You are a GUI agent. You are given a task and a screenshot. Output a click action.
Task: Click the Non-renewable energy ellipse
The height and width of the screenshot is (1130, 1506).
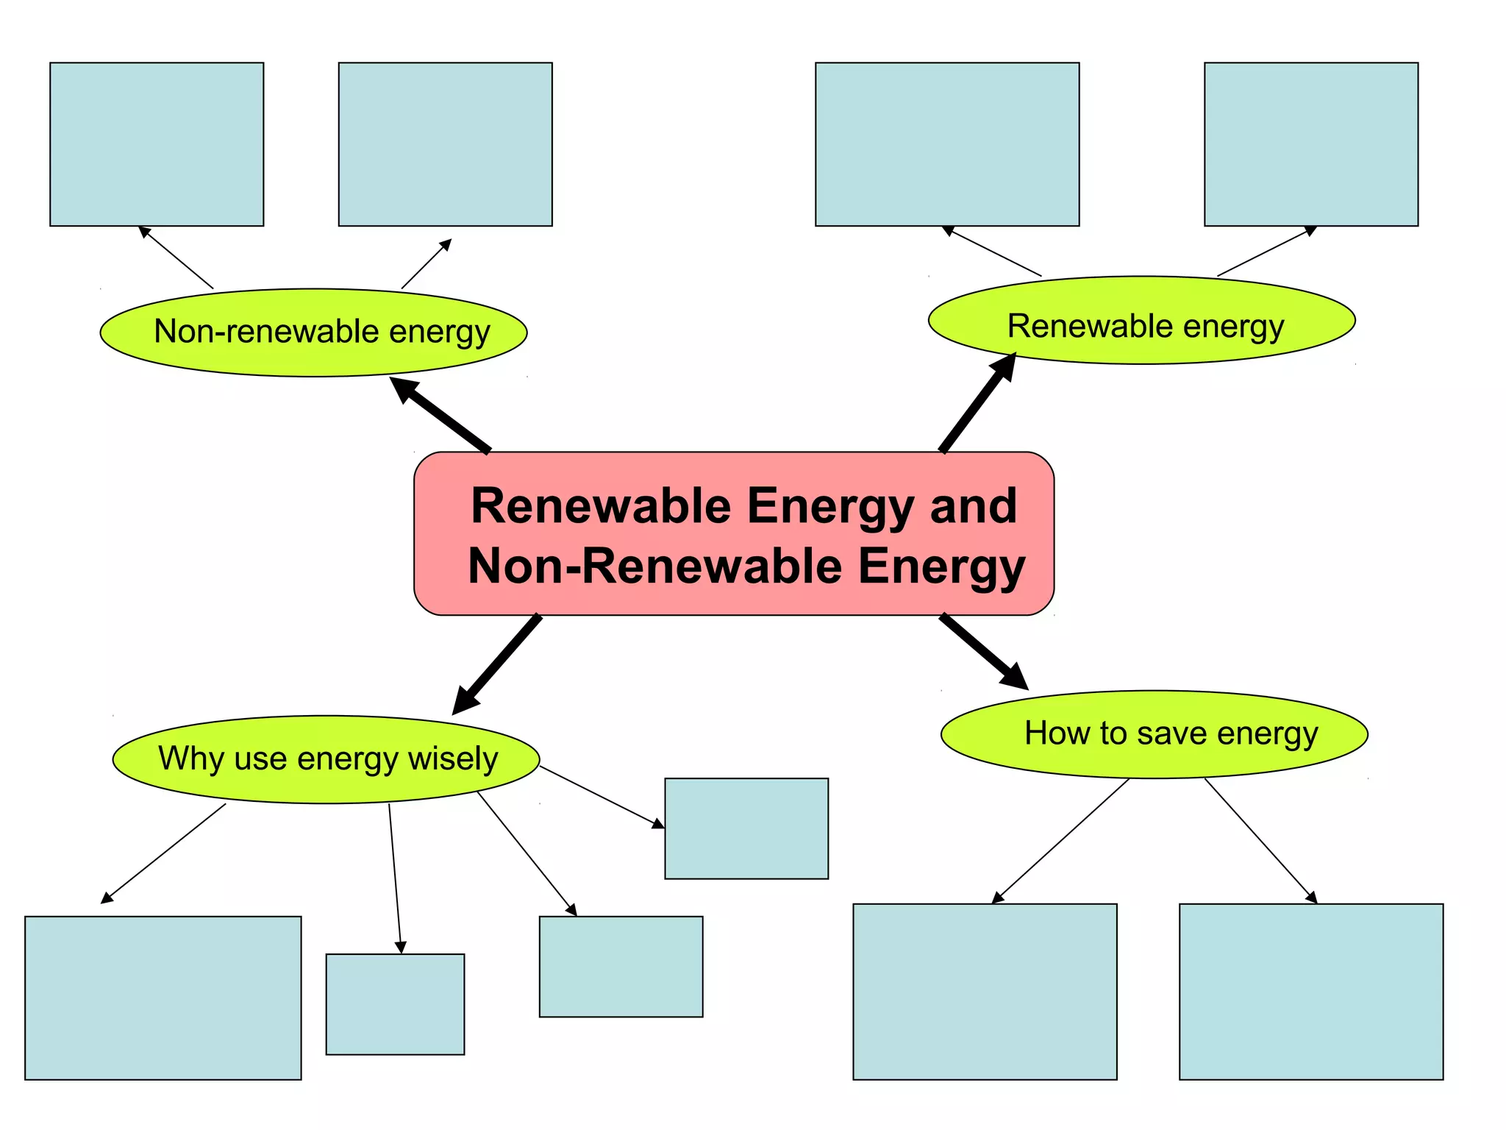pos(313,333)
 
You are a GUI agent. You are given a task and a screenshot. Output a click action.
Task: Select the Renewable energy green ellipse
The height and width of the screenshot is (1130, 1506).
pos(1141,321)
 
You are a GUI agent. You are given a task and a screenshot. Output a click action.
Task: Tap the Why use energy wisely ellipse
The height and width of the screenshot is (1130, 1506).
pos(326,759)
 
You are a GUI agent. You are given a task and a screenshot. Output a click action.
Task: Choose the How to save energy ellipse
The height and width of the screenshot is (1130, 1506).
pos(1154,734)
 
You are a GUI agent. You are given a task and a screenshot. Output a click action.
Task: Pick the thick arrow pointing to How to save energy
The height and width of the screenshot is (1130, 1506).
pos(982,651)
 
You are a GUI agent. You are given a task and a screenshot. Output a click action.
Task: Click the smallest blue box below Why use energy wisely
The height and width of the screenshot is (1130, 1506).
pos(395,1004)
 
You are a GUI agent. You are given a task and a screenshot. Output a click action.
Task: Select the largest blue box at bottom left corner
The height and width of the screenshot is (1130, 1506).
pos(163,998)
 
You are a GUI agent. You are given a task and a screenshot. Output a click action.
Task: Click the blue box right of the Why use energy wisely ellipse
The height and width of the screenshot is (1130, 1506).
pos(746,828)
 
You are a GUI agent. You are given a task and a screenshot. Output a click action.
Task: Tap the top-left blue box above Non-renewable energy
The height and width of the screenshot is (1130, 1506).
pos(157,144)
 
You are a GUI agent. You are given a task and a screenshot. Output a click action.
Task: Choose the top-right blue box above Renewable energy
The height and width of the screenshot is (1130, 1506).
pos(1310,144)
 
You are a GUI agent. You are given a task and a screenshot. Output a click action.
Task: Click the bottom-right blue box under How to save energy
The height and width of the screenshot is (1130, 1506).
pos(1310,991)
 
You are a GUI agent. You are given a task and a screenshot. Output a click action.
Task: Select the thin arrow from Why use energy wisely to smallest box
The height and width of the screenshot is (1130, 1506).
pos(395,878)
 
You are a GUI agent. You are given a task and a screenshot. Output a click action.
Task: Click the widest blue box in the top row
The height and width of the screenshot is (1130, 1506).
pos(947,144)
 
